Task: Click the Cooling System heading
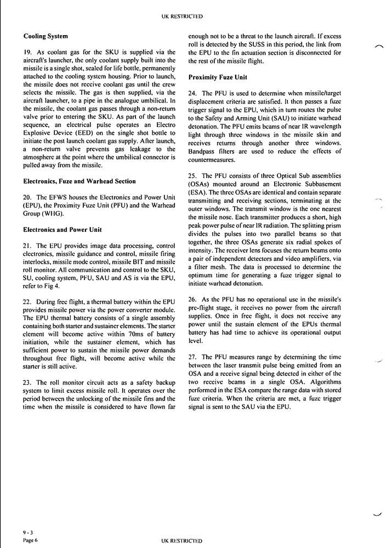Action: (46, 36)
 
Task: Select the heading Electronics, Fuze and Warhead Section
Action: (79, 181)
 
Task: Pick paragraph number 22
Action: (27, 301)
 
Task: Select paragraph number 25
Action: (192, 175)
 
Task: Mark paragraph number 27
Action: (192, 357)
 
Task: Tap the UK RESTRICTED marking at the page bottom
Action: (182, 540)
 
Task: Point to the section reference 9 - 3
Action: (28, 532)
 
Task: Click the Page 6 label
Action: (30, 540)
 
